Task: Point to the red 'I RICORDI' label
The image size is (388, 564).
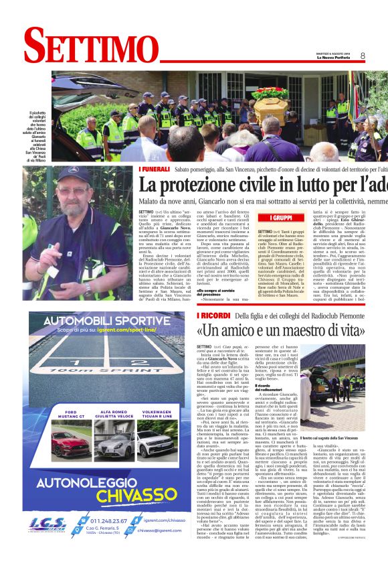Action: pyautogui.click(x=212, y=315)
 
